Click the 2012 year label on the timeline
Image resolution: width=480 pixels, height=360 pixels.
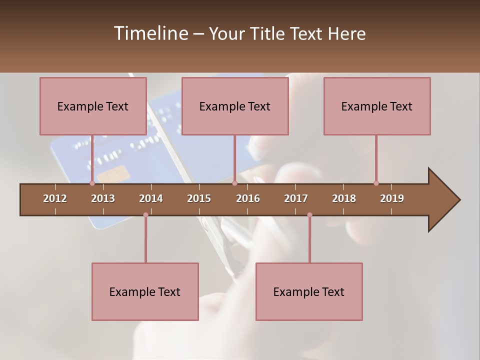coord(55,198)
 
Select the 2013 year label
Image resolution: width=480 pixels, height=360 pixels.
coord(103,198)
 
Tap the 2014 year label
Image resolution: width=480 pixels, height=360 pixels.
coord(151,198)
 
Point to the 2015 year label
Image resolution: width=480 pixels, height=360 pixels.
coord(199,198)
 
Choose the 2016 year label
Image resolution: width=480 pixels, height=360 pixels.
coord(248,198)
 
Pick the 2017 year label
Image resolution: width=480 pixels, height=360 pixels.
coord(296,198)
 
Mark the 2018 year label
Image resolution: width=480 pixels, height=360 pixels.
coord(344,198)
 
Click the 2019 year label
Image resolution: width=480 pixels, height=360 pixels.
coord(392,198)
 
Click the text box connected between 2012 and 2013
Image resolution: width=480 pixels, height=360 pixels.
coord(93,106)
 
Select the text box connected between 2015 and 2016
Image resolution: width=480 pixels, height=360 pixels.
coord(235,106)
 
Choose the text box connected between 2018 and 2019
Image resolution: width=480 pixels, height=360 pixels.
coord(377,106)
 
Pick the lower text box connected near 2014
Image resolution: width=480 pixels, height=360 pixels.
coord(145,291)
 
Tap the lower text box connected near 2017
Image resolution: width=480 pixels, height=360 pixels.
coord(309,291)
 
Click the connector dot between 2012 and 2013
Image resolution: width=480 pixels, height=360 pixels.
coord(92,183)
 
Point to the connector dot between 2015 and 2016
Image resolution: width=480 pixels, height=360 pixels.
coord(234,183)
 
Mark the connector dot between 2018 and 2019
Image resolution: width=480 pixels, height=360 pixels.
coord(376,183)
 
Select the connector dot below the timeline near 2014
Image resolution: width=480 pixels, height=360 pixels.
coord(145,215)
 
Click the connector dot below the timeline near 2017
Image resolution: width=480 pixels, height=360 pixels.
coord(309,215)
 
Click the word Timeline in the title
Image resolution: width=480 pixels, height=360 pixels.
coord(150,33)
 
